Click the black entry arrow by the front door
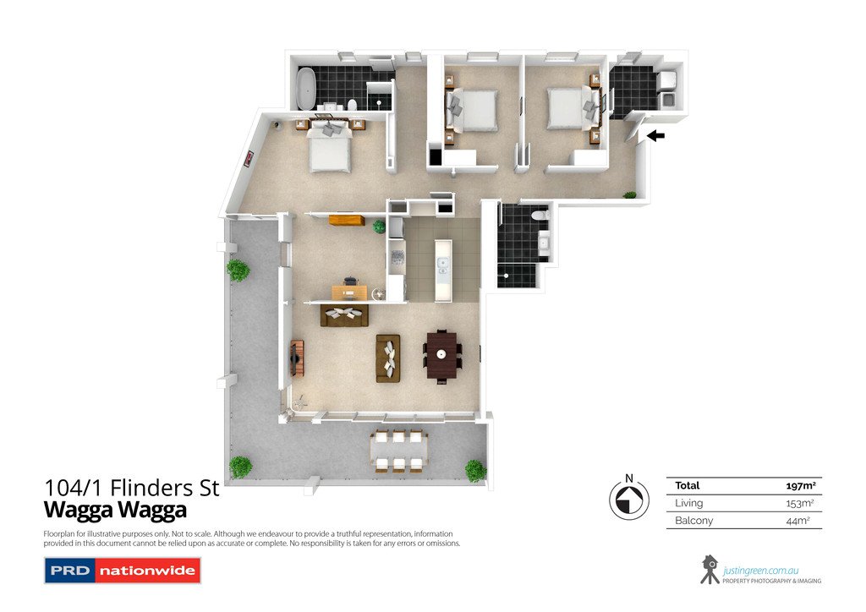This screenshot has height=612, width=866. click(x=655, y=135)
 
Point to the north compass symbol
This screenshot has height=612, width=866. click(x=628, y=499)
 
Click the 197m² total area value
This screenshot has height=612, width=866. click(x=800, y=486)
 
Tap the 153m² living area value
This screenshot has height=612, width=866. click(x=798, y=503)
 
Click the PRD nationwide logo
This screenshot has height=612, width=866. click(x=122, y=571)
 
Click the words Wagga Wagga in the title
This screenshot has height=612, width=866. click(x=115, y=511)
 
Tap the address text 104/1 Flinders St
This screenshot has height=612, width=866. click(x=131, y=488)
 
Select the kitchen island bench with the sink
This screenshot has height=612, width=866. click(x=443, y=269)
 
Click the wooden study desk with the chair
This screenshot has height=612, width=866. click(x=349, y=292)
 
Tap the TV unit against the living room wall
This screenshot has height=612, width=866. click(x=297, y=358)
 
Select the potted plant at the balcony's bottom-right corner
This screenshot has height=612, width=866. click(x=475, y=470)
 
